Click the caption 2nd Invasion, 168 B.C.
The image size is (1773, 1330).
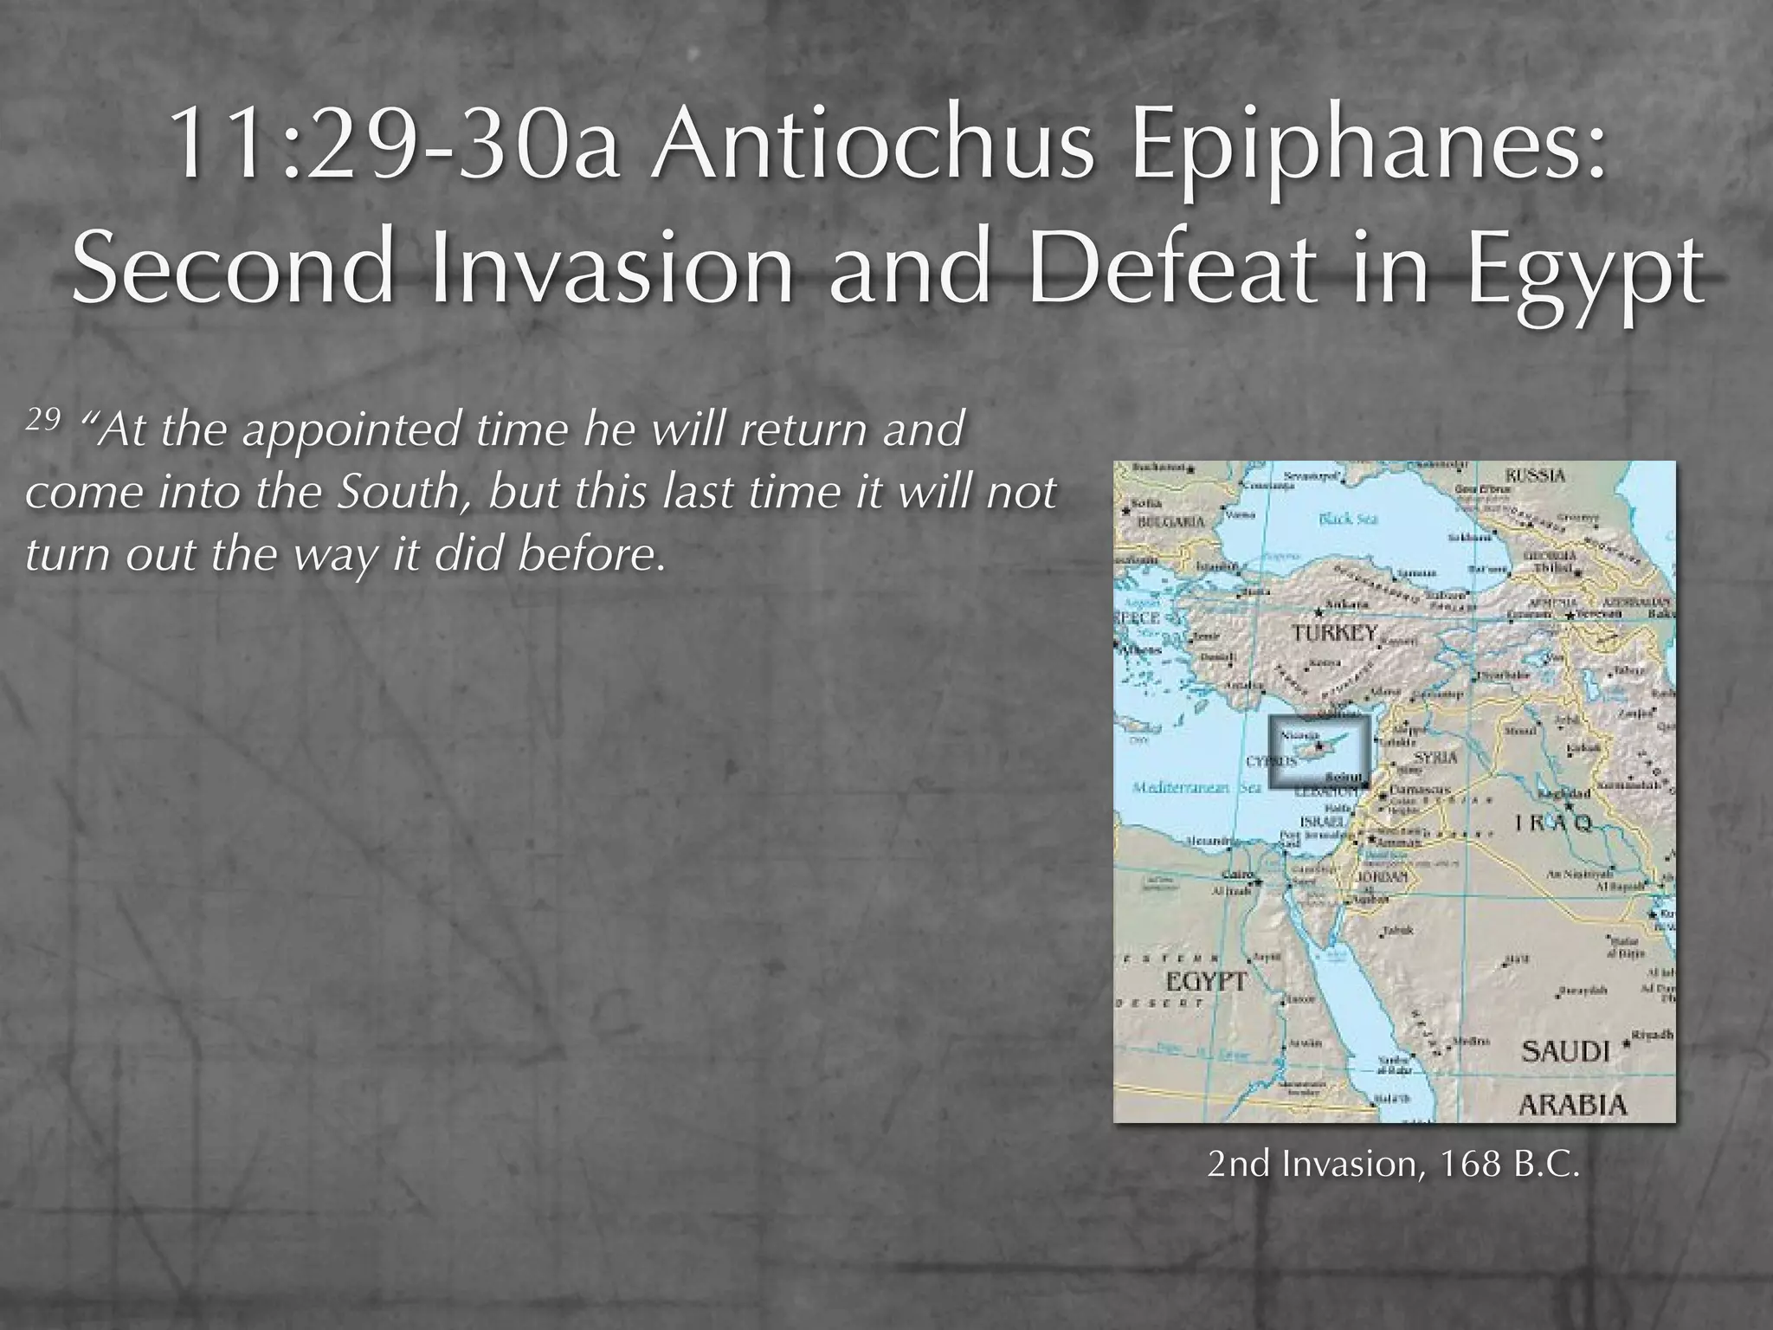(1394, 1164)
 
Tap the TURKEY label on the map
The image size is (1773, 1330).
(1334, 633)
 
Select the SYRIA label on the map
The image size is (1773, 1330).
(1435, 757)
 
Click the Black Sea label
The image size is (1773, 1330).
(1349, 520)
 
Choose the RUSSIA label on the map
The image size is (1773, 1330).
(1536, 475)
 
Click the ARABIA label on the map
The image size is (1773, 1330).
(1573, 1104)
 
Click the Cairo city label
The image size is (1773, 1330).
(1236, 875)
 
